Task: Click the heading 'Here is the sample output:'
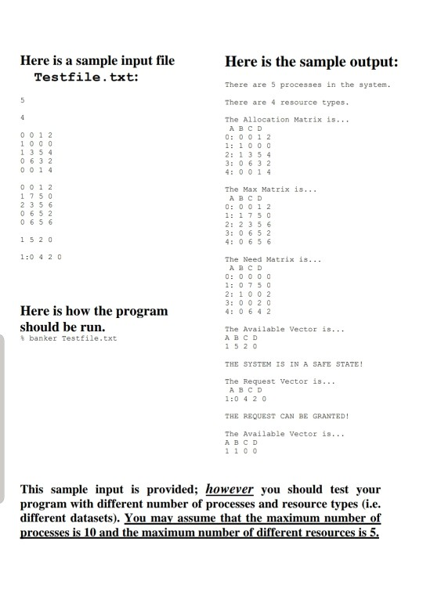[311, 62]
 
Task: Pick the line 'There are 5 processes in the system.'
[307, 85]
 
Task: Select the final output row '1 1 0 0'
[239, 450]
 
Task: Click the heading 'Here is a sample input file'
[97, 60]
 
